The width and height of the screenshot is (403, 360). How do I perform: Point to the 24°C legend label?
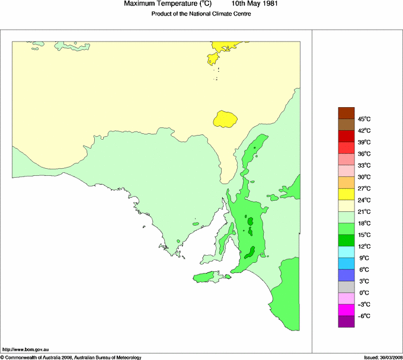(x=364, y=200)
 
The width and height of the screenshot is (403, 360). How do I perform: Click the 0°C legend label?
(x=363, y=292)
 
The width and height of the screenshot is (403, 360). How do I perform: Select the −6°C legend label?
(x=364, y=316)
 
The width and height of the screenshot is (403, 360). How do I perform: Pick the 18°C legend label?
(x=364, y=223)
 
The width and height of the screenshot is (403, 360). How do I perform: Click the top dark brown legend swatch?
(x=346, y=113)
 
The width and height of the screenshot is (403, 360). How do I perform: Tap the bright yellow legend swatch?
(x=346, y=194)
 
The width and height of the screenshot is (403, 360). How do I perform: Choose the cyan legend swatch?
(x=346, y=252)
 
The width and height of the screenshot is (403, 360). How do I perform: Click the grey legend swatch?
(x=346, y=287)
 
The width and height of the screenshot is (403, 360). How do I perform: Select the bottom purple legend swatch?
(x=346, y=322)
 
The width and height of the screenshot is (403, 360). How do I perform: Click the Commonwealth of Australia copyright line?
(x=71, y=357)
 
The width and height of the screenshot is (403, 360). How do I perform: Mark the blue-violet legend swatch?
(x=346, y=275)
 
